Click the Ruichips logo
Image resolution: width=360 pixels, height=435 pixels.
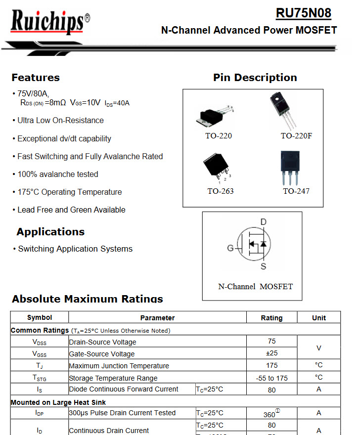coord(49,23)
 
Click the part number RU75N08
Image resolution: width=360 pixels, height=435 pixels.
coord(303,13)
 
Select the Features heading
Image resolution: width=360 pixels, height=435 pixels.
coord(36,78)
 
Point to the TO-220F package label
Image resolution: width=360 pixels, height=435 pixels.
coord(296,136)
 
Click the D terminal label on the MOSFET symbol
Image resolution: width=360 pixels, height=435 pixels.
coord(264,222)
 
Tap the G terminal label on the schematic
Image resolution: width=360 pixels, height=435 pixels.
coord(230,248)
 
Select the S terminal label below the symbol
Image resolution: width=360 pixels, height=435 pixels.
coord(264,266)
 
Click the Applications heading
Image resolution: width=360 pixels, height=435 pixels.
coord(50,232)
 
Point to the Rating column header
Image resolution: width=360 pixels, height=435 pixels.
coord(271,318)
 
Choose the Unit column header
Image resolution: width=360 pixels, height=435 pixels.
coord(319,318)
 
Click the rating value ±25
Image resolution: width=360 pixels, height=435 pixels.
coord(271,353)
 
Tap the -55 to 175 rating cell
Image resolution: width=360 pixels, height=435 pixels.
coord(271,378)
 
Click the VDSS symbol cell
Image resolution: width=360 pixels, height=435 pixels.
coord(40,342)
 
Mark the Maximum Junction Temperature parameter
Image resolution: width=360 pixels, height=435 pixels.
coord(119,366)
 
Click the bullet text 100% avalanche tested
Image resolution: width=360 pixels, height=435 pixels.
coord(58,174)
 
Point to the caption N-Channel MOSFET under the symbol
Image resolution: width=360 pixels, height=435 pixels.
coord(255,287)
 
